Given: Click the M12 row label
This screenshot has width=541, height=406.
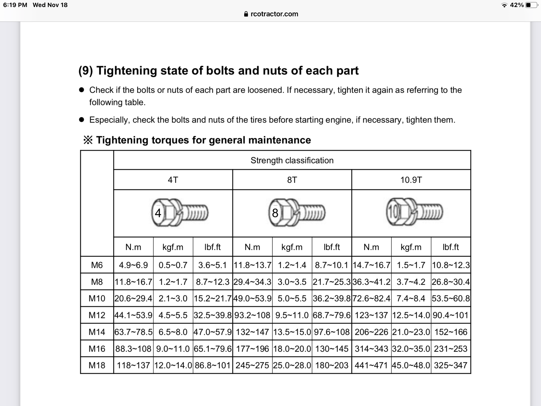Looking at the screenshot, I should point(97,315).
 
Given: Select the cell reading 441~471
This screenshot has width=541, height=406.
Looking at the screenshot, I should point(371,365).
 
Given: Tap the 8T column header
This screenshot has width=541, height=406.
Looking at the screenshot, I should point(292,180).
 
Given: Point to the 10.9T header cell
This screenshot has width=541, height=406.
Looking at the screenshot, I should point(411,180).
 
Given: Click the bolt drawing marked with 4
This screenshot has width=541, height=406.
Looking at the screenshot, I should point(180,213).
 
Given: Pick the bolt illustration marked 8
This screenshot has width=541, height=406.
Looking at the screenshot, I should point(297,213).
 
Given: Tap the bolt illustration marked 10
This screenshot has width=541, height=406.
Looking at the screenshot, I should point(414,212).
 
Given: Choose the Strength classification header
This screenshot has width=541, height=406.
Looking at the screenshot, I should point(292,160).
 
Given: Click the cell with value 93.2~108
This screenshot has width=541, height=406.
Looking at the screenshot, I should point(252,315).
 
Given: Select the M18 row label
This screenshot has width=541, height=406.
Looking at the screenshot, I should point(97,365).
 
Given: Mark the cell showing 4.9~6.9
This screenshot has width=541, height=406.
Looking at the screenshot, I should point(133,265).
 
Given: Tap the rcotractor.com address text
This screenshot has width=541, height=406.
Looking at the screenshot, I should point(274,14).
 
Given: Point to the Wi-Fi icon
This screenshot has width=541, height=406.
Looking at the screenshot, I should point(504,5).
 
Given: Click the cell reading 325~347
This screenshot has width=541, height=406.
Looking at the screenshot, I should point(451,365).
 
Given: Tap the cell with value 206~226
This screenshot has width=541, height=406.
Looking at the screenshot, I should point(371,332).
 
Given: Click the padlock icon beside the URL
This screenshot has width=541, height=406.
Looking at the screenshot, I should point(246,14).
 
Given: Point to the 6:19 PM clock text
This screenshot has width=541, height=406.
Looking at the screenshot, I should point(15,5).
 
